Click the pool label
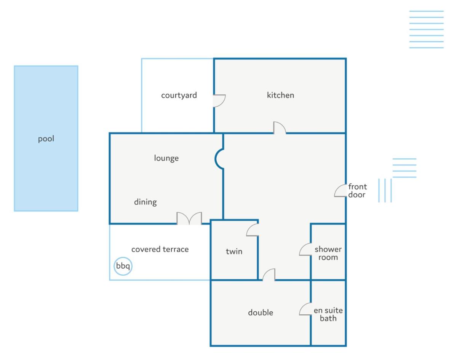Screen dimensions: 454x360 [x=46, y=139]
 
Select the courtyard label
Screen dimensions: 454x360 [x=179, y=96]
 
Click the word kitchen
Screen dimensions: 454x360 [x=280, y=95]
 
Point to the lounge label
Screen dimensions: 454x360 [x=166, y=158]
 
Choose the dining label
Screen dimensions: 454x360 [x=145, y=202]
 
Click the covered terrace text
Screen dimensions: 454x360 [x=160, y=249]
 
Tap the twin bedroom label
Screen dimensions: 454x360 [x=234, y=251]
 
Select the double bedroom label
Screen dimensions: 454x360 [x=261, y=312]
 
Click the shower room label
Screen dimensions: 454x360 [x=328, y=253]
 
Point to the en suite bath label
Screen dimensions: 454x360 [x=328, y=314]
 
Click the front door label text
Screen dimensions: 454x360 [x=357, y=191]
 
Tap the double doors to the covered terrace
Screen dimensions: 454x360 [x=189, y=218]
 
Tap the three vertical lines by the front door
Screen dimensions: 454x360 [x=385, y=190]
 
